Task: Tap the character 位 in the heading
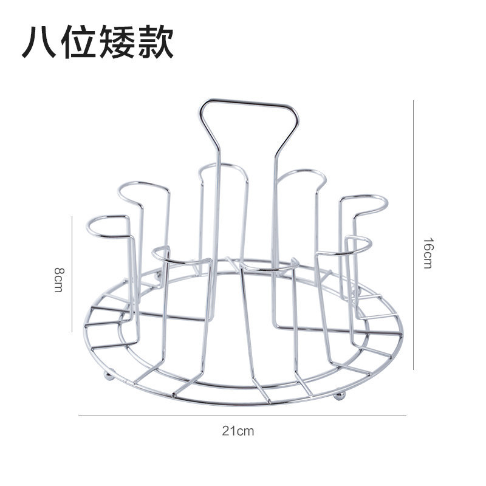(79, 43)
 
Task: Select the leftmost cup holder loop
(108, 225)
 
